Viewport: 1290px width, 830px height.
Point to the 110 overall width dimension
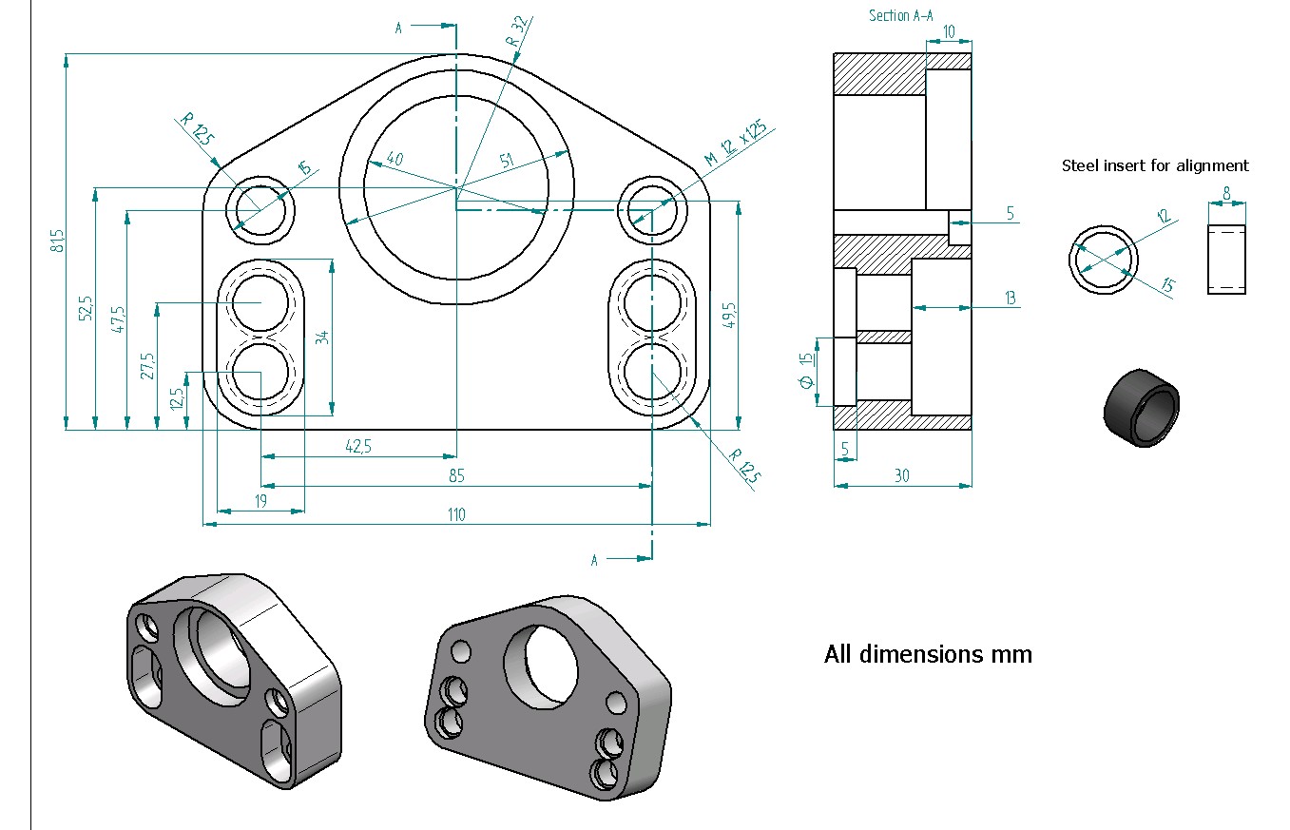coord(457,514)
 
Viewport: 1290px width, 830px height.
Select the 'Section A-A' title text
coord(899,16)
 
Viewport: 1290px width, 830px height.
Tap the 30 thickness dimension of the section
coord(901,476)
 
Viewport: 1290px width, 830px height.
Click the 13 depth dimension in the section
coord(1010,299)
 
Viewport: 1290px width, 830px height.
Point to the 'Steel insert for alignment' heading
coord(1155,165)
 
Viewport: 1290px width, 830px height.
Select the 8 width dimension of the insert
coord(1226,193)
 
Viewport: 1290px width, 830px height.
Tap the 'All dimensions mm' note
coord(928,654)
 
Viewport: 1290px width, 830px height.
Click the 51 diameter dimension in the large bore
coord(508,162)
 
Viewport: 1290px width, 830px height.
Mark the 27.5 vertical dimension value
coord(147,366)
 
